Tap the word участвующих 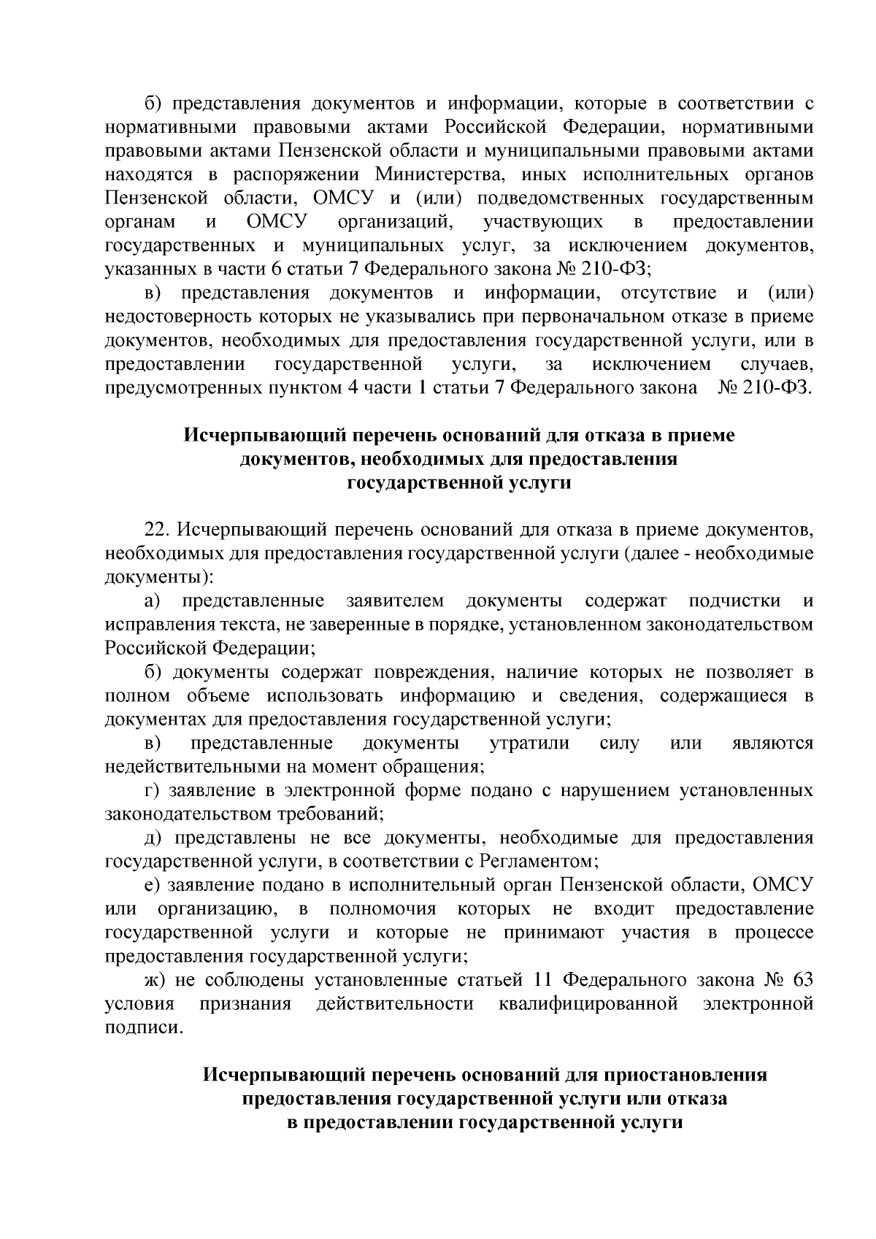click(542, 222)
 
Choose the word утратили click(529, 744)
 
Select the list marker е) click(152, 886)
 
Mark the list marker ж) click(154, 981)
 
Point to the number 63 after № click(802, 981)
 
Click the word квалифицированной click(588, 1005)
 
